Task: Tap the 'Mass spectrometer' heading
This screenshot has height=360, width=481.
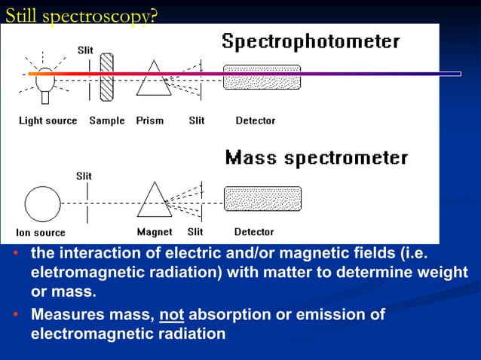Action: pos(317,158)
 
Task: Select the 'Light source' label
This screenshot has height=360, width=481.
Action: pos(47,121)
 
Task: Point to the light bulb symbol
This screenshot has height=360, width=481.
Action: pos(46,78)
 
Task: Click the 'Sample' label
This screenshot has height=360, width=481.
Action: pos(107,121)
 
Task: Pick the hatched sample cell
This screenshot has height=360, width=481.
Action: pos(108,74)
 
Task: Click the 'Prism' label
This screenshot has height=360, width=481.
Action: pos(150,121)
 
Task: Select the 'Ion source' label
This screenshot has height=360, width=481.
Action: pos(41,233)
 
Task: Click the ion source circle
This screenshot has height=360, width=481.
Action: pos(42,203)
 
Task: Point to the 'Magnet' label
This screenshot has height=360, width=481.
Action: pos(155,232)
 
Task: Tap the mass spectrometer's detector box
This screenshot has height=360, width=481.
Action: pos(262,198)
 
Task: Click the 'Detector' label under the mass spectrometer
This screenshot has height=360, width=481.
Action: pos(254,232)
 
